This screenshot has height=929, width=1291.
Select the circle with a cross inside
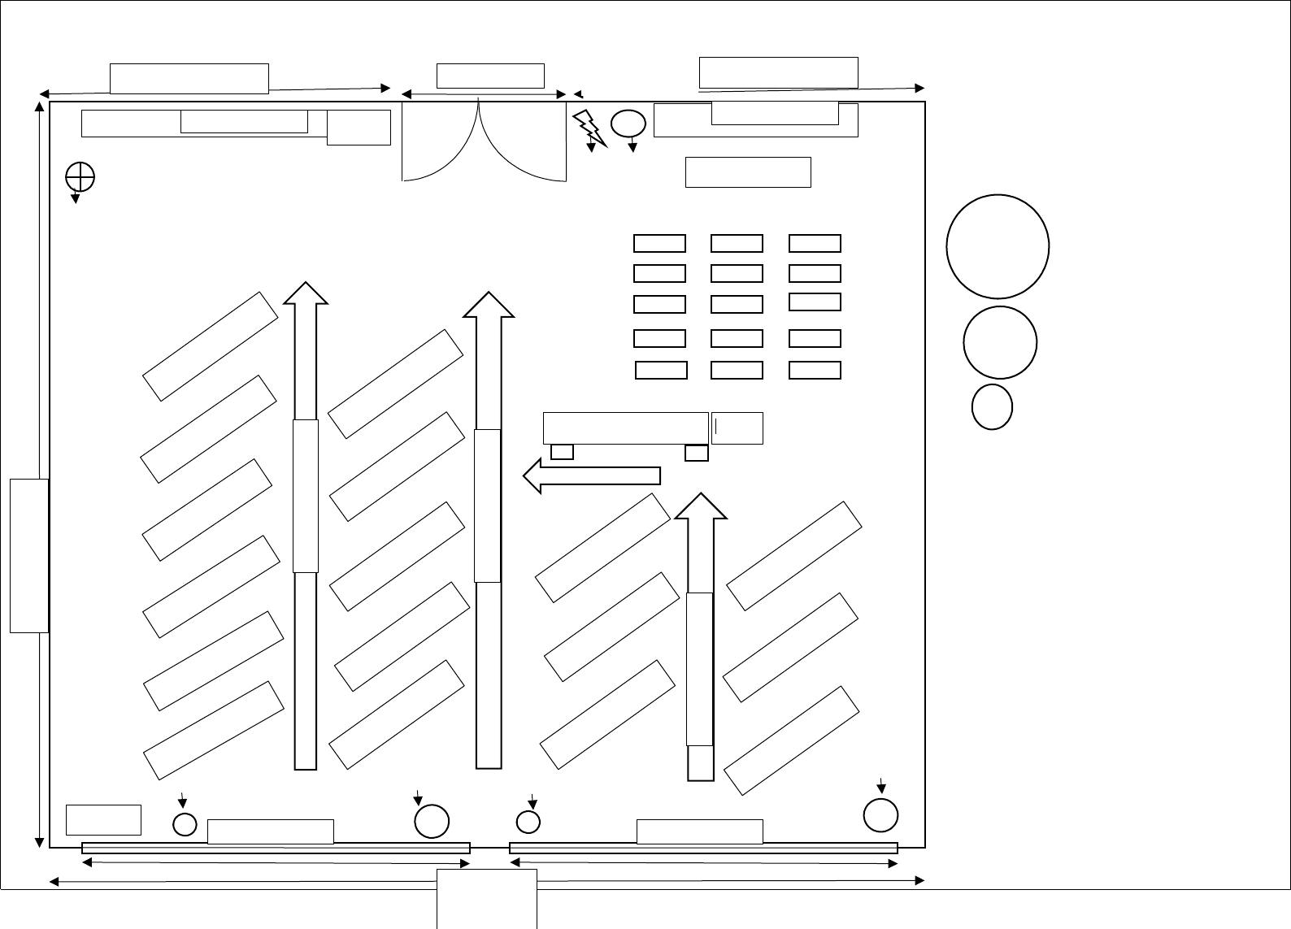tap(80, 176)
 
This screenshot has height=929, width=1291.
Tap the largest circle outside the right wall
tap(998, 246)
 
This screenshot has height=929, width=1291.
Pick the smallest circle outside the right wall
tap(992, 407)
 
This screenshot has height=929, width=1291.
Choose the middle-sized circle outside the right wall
tap(999, 342)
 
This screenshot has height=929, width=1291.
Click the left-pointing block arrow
tap(591, 475)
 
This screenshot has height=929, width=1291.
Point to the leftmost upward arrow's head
tap(306, 293)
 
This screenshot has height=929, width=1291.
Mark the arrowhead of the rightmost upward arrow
tap(701, 506)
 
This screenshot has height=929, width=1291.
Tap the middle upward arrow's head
tap(489, 305)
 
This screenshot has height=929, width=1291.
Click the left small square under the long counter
tap(562, 452)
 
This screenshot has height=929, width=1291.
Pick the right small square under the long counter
tap(697, 453)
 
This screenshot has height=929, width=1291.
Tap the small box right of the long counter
tap(737, 428)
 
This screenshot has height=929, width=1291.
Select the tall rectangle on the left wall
tap(29, 555)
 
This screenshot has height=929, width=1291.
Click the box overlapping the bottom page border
tap(487, 897)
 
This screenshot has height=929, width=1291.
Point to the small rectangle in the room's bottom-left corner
tap(103, 819)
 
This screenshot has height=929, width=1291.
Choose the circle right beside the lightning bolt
tap(628, 124)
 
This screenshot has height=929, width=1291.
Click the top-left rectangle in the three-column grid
tap(659, 243)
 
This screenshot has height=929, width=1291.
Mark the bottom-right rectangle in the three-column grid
tap(815, 371)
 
